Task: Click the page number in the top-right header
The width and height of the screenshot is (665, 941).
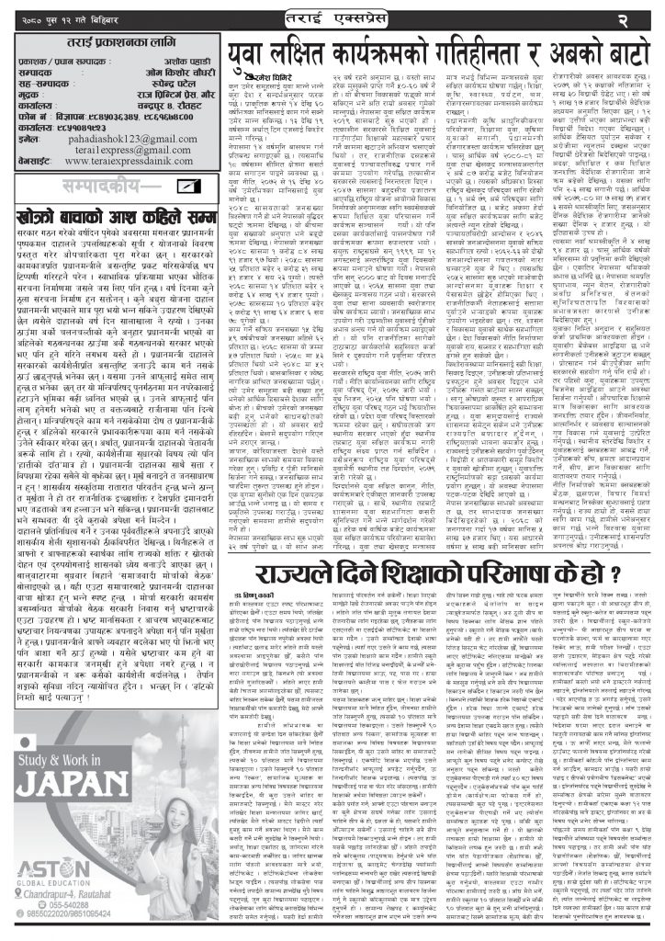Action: (643, 17)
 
